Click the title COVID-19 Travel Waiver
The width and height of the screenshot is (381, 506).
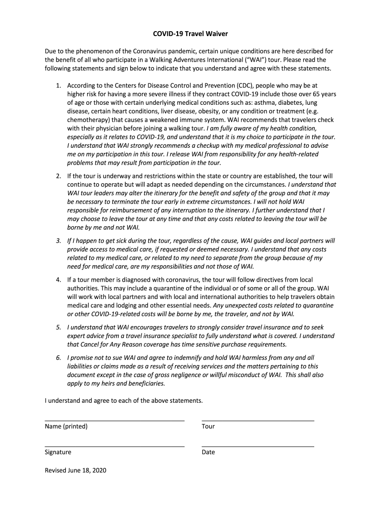190,35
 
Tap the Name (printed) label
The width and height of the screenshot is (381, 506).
66,426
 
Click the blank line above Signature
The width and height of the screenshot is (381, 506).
114,446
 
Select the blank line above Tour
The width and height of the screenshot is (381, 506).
258,421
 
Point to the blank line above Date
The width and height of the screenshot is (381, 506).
258,446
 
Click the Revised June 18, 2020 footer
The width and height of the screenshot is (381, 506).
75,470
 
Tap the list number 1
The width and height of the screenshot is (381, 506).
58,85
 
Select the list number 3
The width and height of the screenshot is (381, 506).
58,241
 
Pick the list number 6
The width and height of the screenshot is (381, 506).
58,357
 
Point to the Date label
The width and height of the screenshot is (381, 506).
208,452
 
